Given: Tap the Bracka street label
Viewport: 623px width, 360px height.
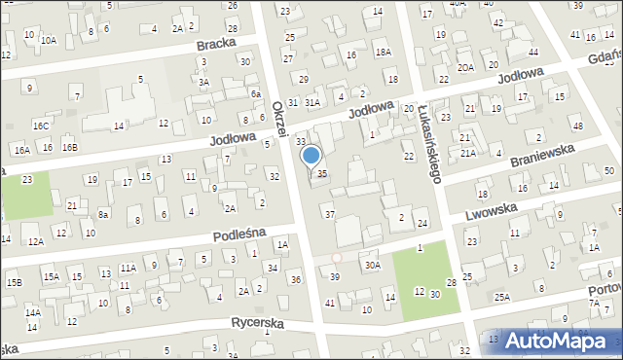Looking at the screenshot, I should [217, 45].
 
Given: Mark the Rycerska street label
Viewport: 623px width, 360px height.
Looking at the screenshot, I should [257, 322].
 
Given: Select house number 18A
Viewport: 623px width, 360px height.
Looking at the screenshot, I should [384, 53].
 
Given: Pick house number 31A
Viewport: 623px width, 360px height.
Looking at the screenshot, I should [311, 101].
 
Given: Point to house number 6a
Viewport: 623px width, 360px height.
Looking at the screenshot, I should [255, 94].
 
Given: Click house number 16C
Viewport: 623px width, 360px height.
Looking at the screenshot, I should [40, 126].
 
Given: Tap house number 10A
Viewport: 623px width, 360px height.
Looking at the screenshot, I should [49, 40].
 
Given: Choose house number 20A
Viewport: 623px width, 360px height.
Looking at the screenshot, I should [466, 67].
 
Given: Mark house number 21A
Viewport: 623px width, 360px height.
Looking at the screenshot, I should [469, 153].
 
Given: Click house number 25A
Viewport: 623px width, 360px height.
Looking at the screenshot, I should [501, 297].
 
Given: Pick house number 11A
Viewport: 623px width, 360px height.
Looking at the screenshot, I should [128, 268].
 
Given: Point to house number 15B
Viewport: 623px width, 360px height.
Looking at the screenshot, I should [15, 282].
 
